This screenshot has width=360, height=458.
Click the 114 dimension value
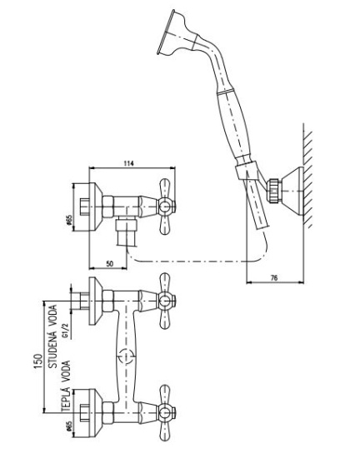tap(128, 163)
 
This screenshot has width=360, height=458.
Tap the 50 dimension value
tap(109, 264)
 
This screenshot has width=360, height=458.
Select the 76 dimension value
tap(274, 277)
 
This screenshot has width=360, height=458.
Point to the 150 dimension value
tap(38, 361)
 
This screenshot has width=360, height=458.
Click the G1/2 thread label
tap(66, 331)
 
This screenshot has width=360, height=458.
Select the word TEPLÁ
tap(67, 398)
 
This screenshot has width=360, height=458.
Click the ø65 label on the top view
tap(69, 221)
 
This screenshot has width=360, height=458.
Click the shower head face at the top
tap(164, 32)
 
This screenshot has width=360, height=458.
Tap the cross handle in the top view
tap(166, 207)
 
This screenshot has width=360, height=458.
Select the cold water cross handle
tap(166, 301)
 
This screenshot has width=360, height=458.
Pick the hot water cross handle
tap(166, 413)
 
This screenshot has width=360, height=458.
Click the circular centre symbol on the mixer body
tap(126, 356)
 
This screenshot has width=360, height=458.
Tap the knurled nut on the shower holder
tap(274, 190)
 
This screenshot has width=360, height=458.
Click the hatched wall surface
tap(308, 175)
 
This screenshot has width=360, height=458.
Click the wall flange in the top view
tap(96, 207)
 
